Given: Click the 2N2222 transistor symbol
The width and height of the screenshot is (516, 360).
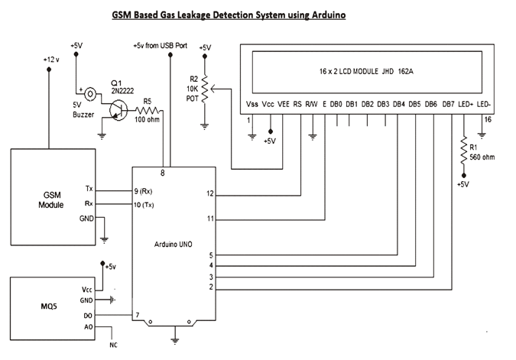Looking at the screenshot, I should (116, 112).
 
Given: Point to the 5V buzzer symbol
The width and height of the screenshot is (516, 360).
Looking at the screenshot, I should (92, 95).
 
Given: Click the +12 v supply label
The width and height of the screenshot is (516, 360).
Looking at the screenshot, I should (50, 59).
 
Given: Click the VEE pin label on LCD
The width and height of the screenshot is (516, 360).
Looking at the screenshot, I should (284, 104).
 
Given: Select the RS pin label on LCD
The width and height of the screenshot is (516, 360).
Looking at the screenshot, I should (297, 104).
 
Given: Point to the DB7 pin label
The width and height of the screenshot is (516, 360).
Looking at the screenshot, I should (448, 104).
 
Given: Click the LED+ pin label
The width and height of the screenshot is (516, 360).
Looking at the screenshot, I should (465, 104).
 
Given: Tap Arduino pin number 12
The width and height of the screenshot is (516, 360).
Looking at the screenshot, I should (211, 193).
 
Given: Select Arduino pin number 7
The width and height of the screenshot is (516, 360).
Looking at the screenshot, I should (137, 314).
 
